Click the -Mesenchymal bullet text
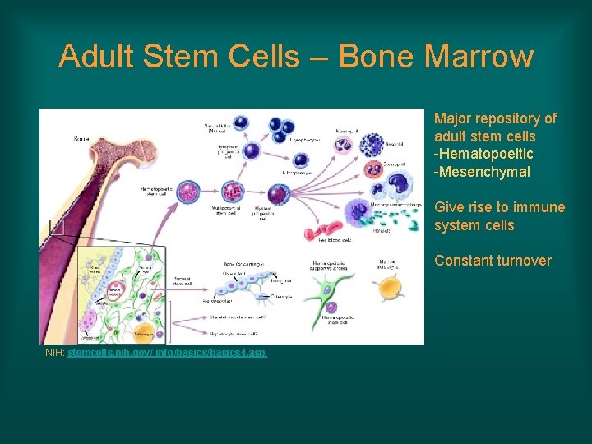[482, 172]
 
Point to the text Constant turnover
[493, 261]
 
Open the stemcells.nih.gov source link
[167, 353]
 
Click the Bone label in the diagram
[81, 138]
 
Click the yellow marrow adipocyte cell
[388, 289]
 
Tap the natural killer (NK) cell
[241, 123]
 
